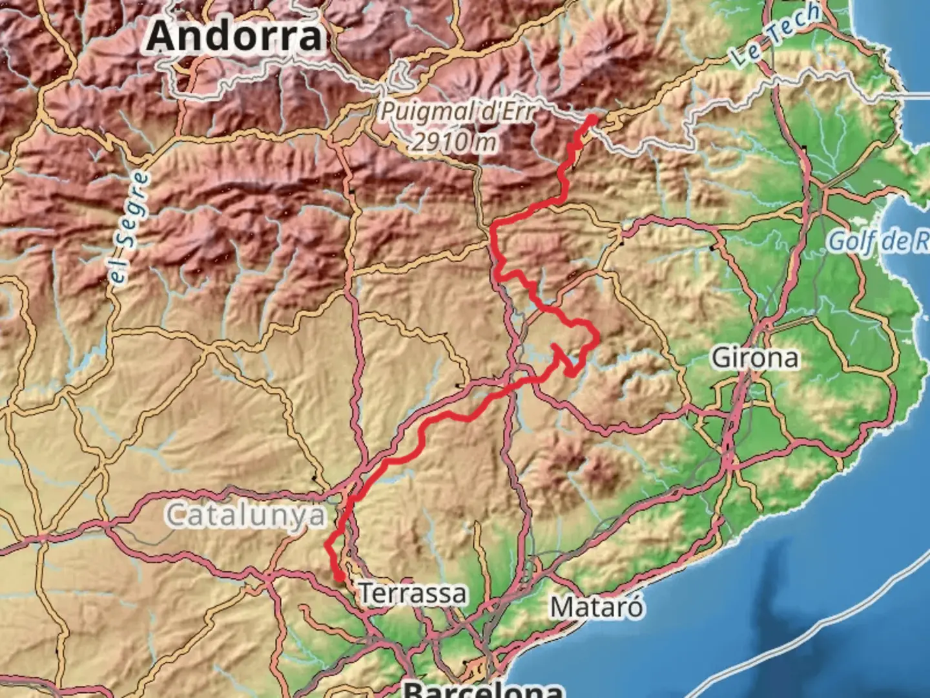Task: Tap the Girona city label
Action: click(754, 357)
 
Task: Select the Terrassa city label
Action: click(412, 593)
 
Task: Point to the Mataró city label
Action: click(596, 607)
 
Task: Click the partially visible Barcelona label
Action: click(483, 689)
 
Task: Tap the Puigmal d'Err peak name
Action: click(457, 111)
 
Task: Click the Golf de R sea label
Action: click(878, 241)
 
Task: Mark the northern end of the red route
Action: click(592, 119)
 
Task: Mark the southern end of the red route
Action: click(338, 577)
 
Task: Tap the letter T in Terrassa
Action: click(366, 593)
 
